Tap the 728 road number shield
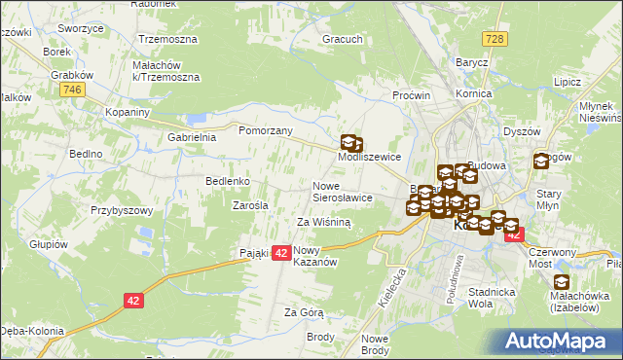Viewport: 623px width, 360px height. point(496,37)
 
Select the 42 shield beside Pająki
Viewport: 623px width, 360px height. point(280,253)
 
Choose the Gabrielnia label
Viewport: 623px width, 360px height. point(192,137)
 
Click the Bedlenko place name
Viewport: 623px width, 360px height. point(228,182)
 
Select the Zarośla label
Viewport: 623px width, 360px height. point(250,205)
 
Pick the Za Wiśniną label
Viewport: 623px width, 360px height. point(323,222)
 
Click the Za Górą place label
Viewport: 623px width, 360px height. point(303,312)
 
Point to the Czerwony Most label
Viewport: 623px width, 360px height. point(552,257)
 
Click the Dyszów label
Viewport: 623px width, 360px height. point(521,131)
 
